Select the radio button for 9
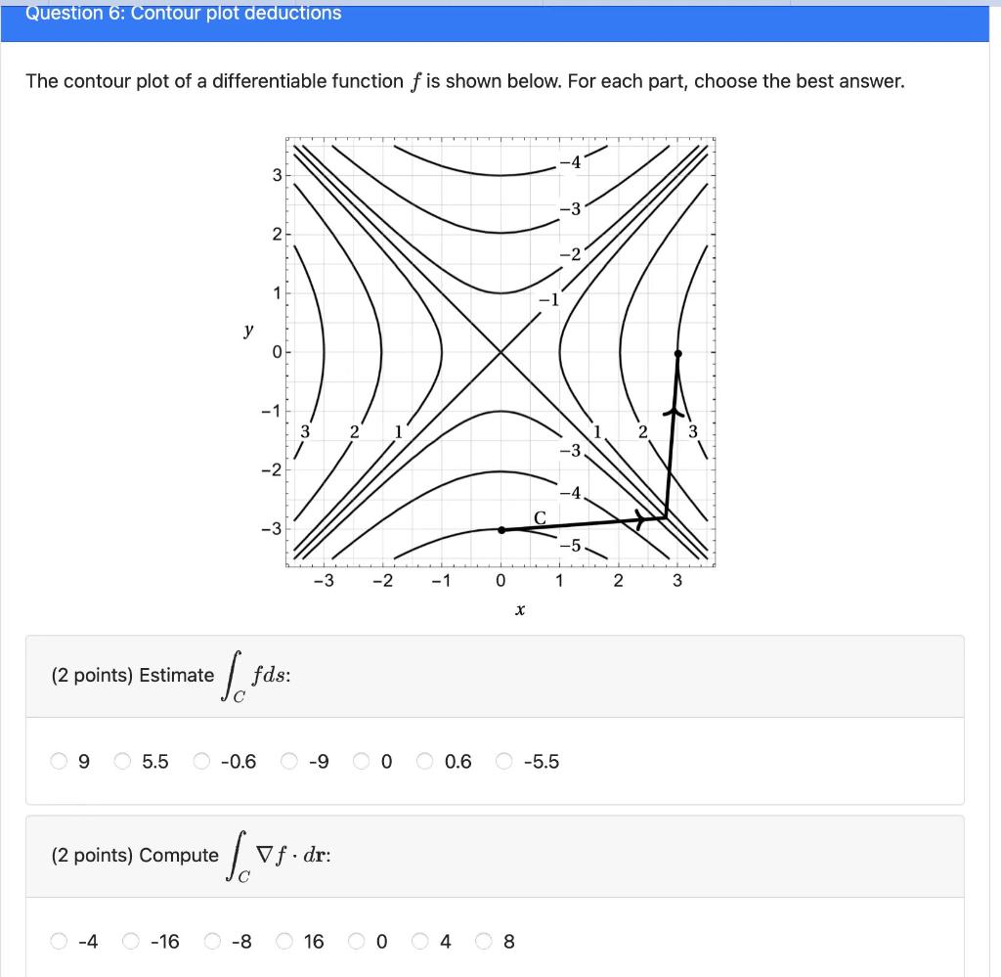pyautogui.click(x=62, y=762)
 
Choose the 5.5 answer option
pyautogui.click(x=123, y=762)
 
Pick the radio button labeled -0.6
pyautogui.click(x=201, y=762)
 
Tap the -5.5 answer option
pyautogui.click(x=504, y=762)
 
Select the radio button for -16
pyautogui.click(x=132, y=942)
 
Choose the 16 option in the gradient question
pyautogui.click(x=285, y=942)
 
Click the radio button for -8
pyautogui.click(x=213, y=942)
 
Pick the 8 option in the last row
pyautogui.click(x=485, y=942)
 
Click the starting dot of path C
pyautogui.click(x=501, y=530)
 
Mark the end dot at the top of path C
pyautogui.click(x=678, y=353)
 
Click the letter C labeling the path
pyautogui.click(x=539, y=515)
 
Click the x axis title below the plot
pyautogui.click(x=519, y=611)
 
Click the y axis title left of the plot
pyautogui.click(x=247, y=331)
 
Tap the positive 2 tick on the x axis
pyautogui.click(x=618, y=581)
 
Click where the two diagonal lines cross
pyautogui.click(x=500, y=352)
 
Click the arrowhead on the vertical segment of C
pyautogui.click(x=672, y=412)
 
